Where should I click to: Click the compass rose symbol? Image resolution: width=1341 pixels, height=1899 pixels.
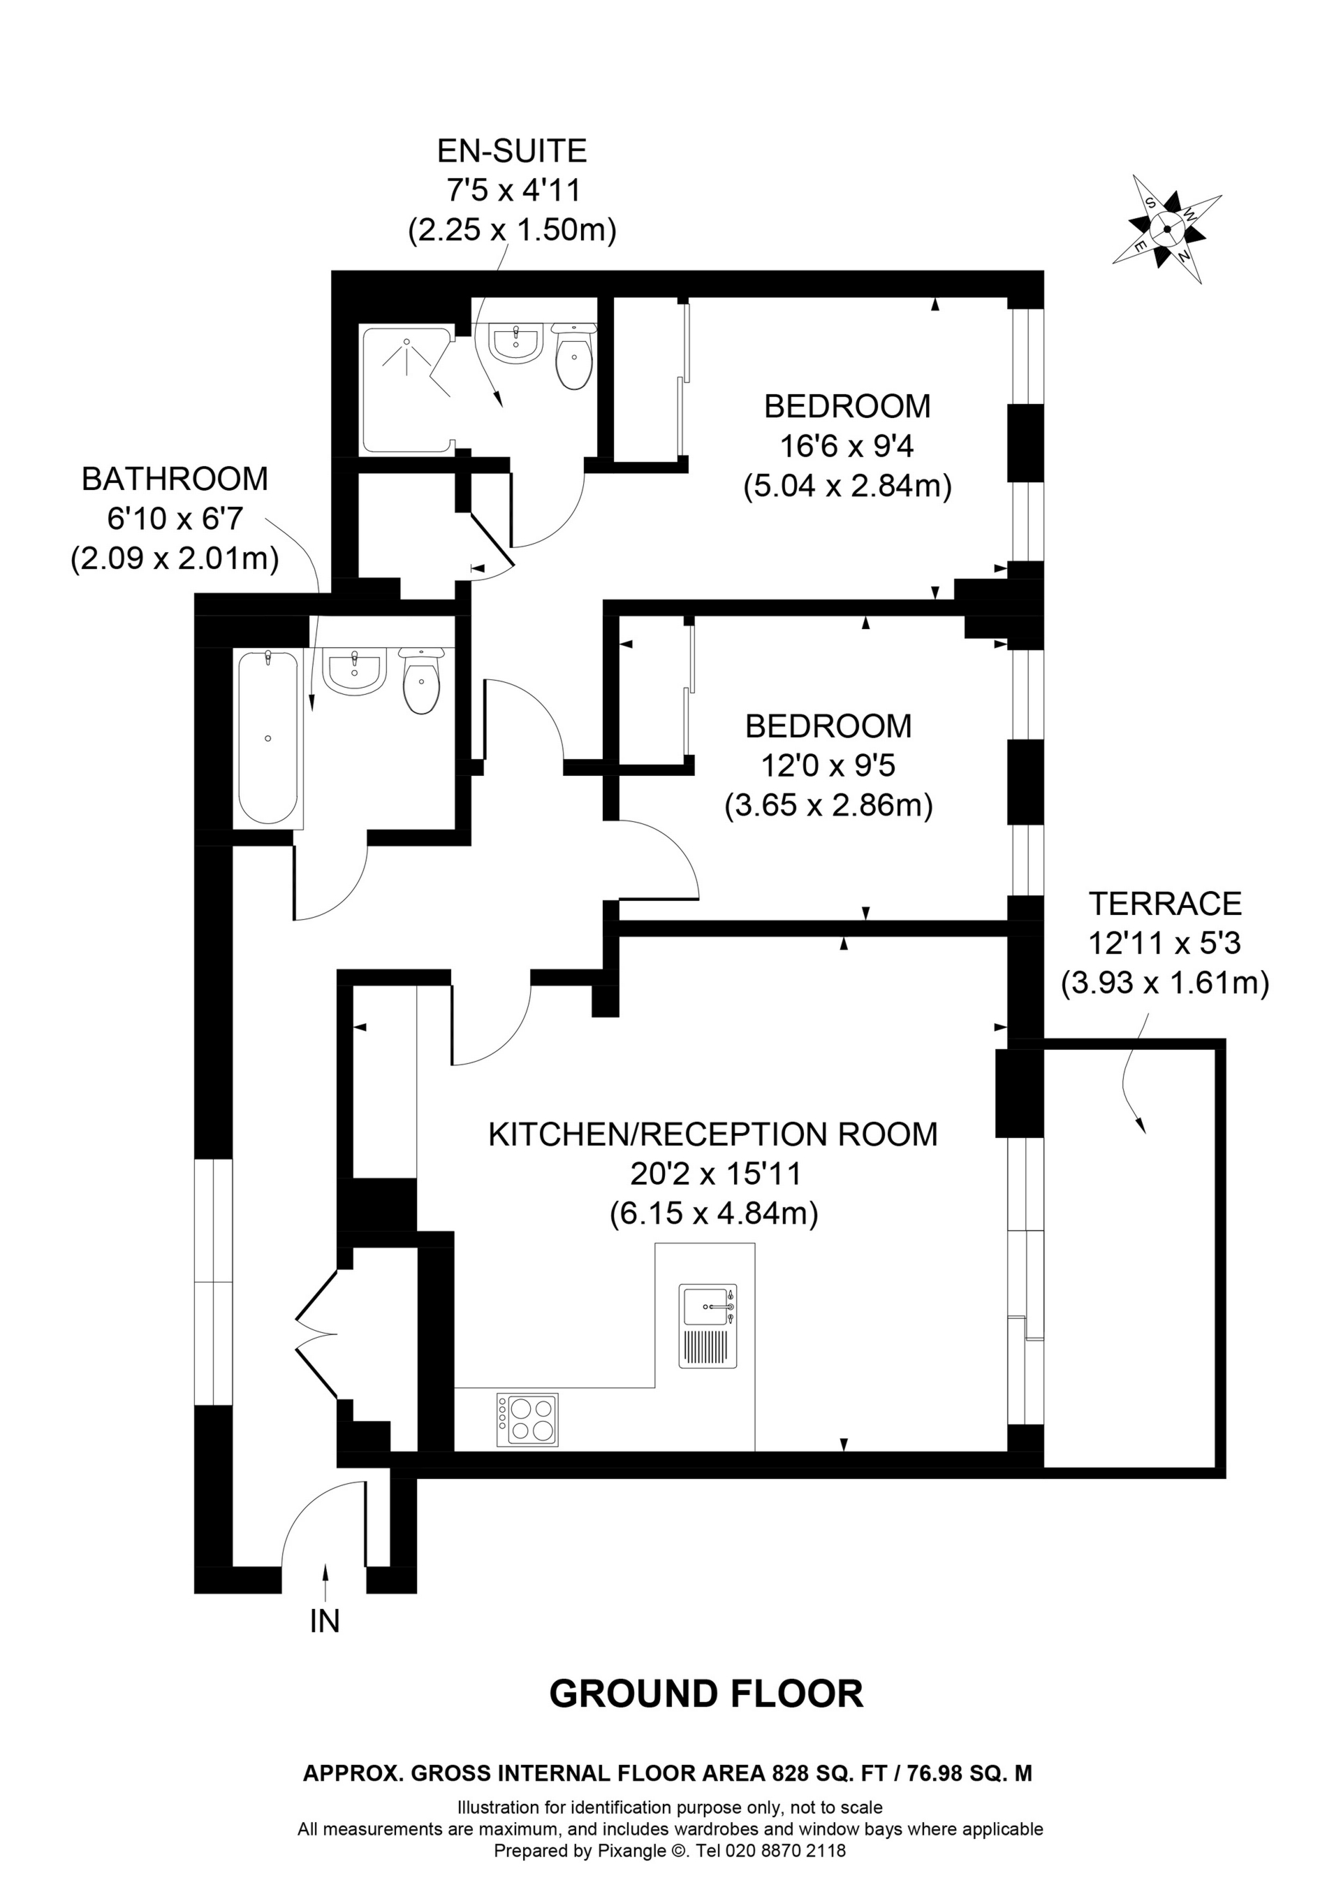(x=1166, y=230)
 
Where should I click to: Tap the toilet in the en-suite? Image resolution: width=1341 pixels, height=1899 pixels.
(x=574, y=356)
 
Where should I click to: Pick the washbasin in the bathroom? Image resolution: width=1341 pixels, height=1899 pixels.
(x=355, y=672)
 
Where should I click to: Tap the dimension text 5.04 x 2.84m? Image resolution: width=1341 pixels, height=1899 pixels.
(x=847, y=486)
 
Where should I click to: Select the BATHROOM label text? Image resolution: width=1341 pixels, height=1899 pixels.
(x=175, y=479)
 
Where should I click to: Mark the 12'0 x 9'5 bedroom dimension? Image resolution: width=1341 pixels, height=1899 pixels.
(x=828, y=766)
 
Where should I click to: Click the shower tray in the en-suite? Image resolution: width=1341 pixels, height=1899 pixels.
(x=406, y=389)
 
